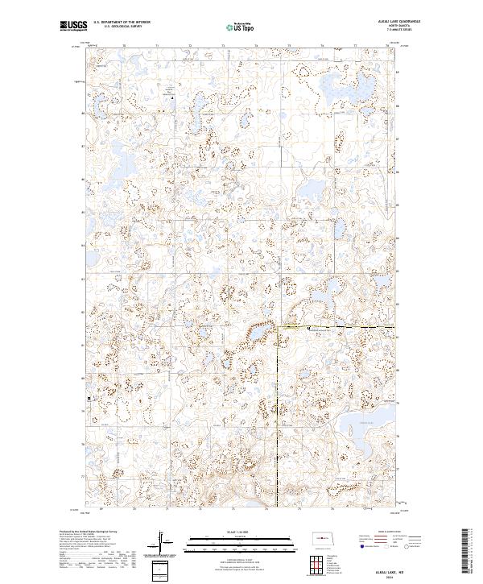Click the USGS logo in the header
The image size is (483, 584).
click(x=72, y=27)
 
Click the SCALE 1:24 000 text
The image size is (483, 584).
click(x=242, y=531)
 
